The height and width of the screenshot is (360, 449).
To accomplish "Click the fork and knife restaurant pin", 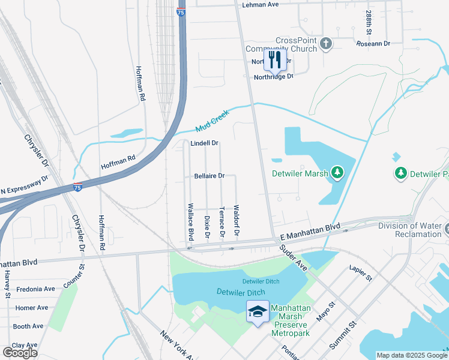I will pos(275,59).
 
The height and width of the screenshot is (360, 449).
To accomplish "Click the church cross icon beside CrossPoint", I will pos(326,43).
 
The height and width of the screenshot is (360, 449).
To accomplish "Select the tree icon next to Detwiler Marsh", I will pos(338,173).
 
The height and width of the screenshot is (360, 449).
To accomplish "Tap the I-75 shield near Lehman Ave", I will pos(181,11).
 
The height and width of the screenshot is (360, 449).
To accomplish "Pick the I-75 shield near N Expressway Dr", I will pos(78,187).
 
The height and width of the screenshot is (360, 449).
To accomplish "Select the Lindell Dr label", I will pos(204,144).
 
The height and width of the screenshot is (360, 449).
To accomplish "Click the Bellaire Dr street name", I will pos(209,176).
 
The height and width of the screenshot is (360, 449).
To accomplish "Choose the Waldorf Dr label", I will pos(237,220).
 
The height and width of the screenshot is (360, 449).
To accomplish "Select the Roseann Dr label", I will pos(373,44).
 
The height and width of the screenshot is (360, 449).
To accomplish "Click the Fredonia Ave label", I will pos(35,289).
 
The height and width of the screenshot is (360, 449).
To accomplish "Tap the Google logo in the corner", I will pos(20,352).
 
